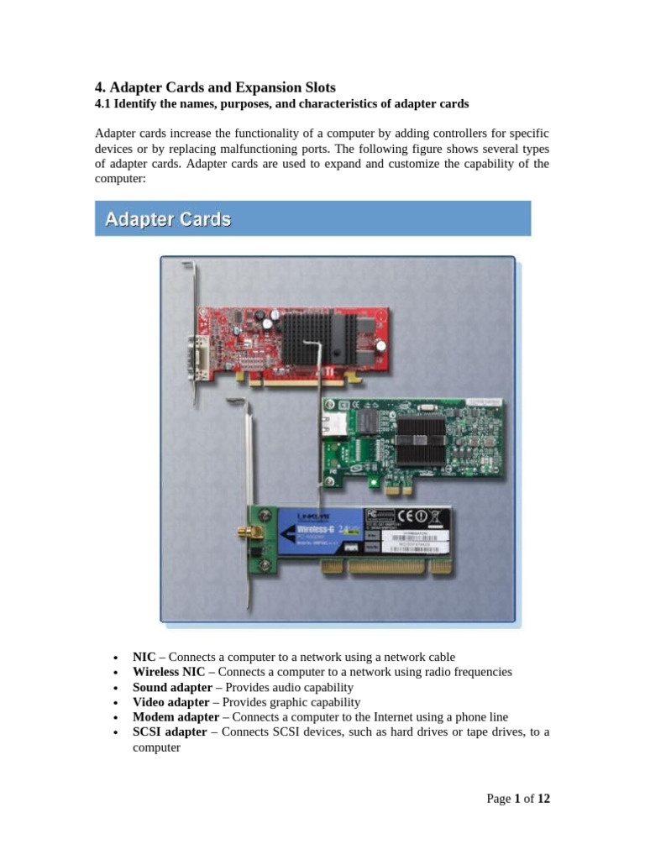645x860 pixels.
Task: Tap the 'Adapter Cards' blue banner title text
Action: coord(167,220)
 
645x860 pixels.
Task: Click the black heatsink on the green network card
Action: coord(421,439)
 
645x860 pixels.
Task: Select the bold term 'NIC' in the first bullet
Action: coord(144,657)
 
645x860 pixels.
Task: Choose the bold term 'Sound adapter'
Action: coord(172,687)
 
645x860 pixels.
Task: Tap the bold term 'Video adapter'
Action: coord(170,702)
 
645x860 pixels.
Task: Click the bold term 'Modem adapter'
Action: coord(175,717)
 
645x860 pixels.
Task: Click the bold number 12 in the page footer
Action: coord(543,799)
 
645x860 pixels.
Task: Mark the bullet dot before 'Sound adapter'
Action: coord(115,688)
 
